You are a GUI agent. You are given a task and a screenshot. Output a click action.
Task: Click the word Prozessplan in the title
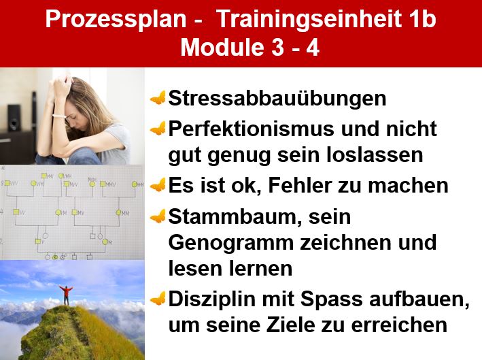click(x=116, y=20)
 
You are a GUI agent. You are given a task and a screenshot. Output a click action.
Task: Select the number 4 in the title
click(x=313, y=48)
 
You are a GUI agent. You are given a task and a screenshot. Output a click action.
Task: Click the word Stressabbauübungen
click(x=277, y=99)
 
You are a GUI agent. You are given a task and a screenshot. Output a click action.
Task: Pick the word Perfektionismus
click(x=251, y=129)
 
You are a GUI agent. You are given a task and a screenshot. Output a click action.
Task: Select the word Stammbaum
click(x=235, y=217)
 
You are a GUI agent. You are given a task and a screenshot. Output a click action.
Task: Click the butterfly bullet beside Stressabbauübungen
click(x=158, y=98)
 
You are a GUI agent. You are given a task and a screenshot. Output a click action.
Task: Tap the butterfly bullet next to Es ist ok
click(x=158, y=186)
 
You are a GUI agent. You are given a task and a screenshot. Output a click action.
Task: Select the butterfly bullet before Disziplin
click(x=158, y=299)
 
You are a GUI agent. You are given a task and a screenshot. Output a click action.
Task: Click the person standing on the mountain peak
click(x=66, y=295)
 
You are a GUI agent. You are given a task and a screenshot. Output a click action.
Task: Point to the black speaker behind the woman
click(x=14, y=118)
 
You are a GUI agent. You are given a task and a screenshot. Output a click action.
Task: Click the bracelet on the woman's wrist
click(x=59, y=116)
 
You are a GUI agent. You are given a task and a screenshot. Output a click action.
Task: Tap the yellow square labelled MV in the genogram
click(x=74, y=212)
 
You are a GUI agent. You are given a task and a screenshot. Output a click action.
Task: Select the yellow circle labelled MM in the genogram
click(x=118, y=212)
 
